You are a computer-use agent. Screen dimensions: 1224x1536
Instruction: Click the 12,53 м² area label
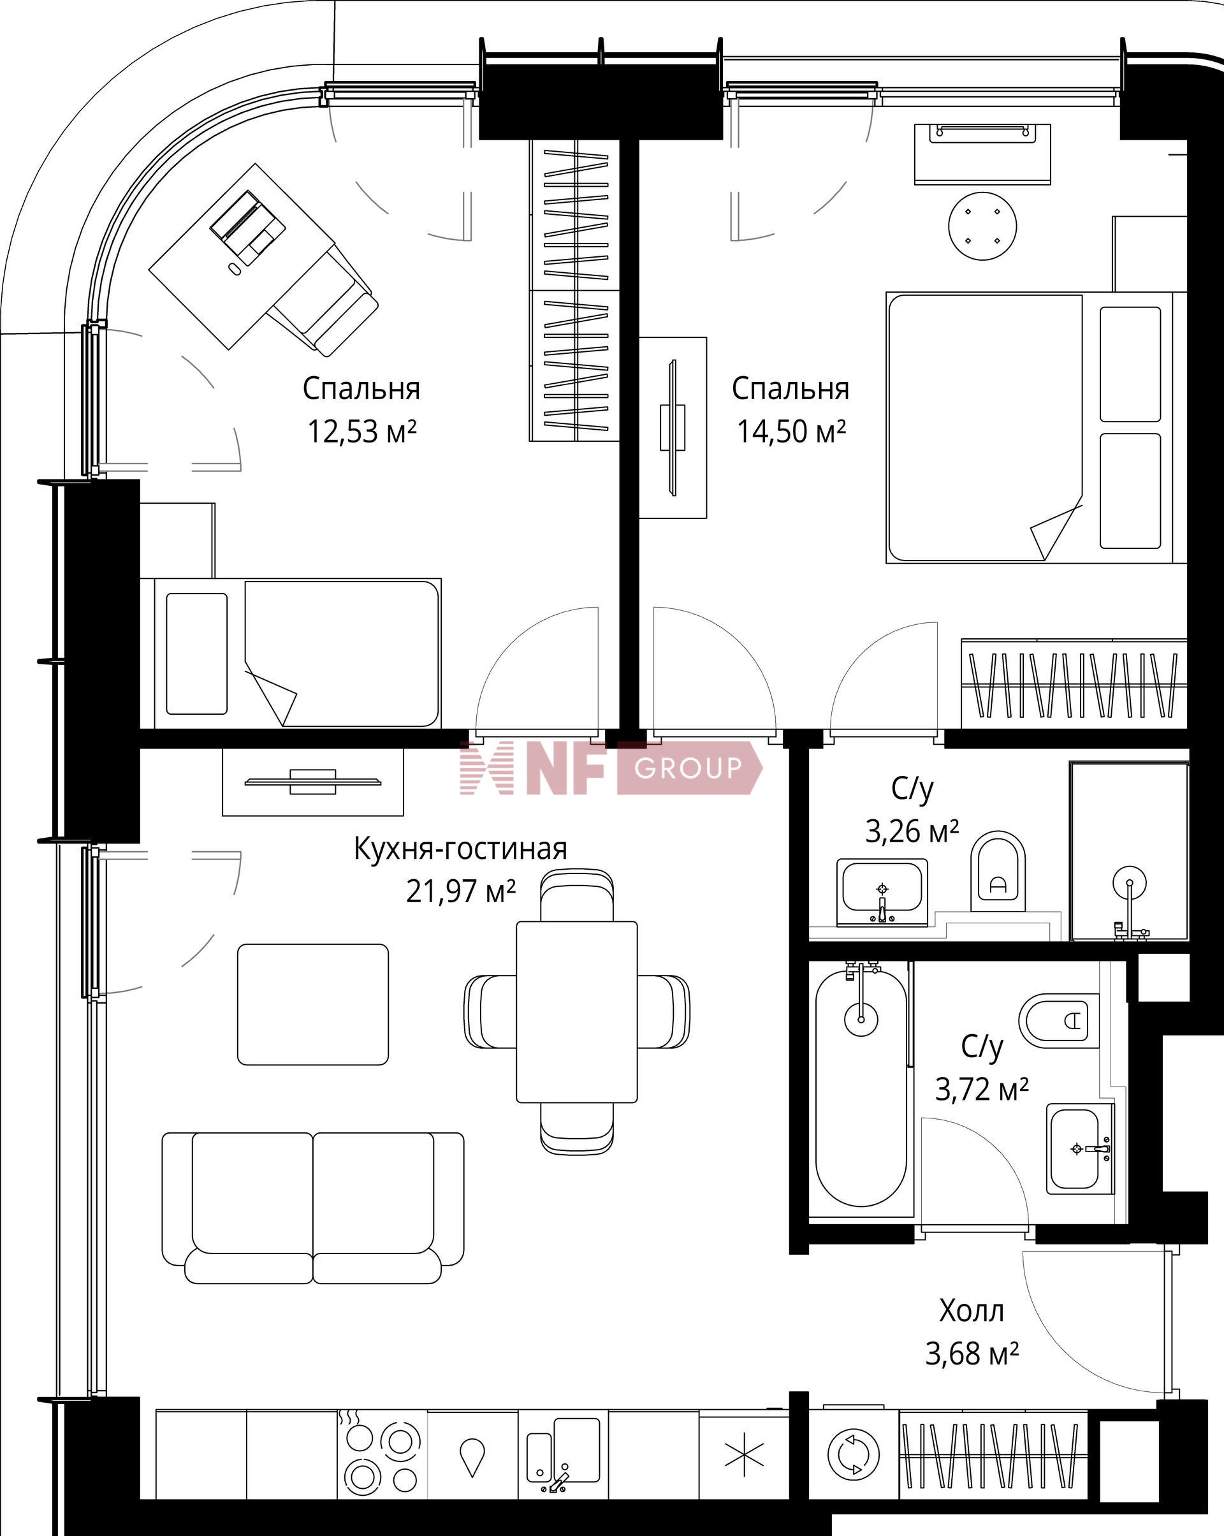click(361, 432)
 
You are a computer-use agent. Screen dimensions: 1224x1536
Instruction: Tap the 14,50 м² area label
click(791, 432)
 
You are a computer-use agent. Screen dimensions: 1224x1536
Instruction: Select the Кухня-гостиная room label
click(460, 849)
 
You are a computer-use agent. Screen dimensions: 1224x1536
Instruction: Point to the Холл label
click(971, 1311)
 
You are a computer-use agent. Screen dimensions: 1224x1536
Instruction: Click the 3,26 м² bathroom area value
click(912, 831)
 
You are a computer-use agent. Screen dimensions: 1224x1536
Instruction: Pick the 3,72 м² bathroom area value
click(981, 1089)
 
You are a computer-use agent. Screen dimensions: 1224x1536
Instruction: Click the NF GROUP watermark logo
click(611, 767)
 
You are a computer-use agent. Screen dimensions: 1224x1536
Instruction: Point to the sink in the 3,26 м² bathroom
click(882, 891)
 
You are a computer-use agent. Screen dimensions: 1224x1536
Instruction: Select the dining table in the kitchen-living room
click(576, 1012)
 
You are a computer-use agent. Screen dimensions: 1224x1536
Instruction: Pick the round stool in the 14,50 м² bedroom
click(982, 226)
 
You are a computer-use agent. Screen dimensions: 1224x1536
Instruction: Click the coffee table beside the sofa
click(313, 1004)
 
